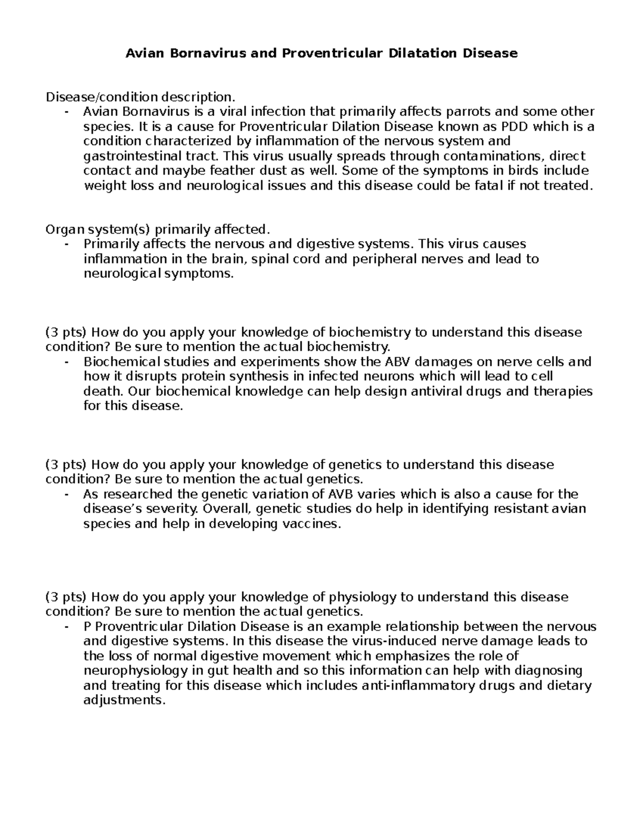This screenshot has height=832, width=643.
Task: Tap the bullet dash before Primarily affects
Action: tap(66, 244)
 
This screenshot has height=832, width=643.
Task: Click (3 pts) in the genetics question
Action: tap(65, 464)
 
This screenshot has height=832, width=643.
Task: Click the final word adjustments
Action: tap(122, 700)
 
